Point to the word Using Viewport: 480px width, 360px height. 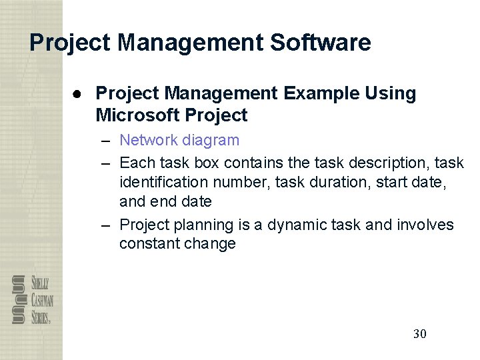(391, 93)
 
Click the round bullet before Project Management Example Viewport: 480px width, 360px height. (77, 94)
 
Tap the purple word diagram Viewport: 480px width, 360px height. (213, 140)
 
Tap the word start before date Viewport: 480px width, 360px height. (373, 181)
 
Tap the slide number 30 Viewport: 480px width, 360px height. (420, 334)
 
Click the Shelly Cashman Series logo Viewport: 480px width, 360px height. (31, 299)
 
